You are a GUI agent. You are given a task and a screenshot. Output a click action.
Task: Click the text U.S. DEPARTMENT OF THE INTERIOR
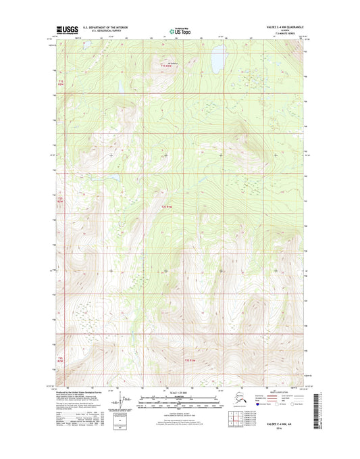coord(109,28)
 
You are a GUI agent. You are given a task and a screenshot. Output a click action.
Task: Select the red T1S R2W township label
coord(59,82)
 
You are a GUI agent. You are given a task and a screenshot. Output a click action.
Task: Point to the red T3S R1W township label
coord(190,360)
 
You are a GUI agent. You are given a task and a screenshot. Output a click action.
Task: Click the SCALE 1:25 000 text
coord(180,393)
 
